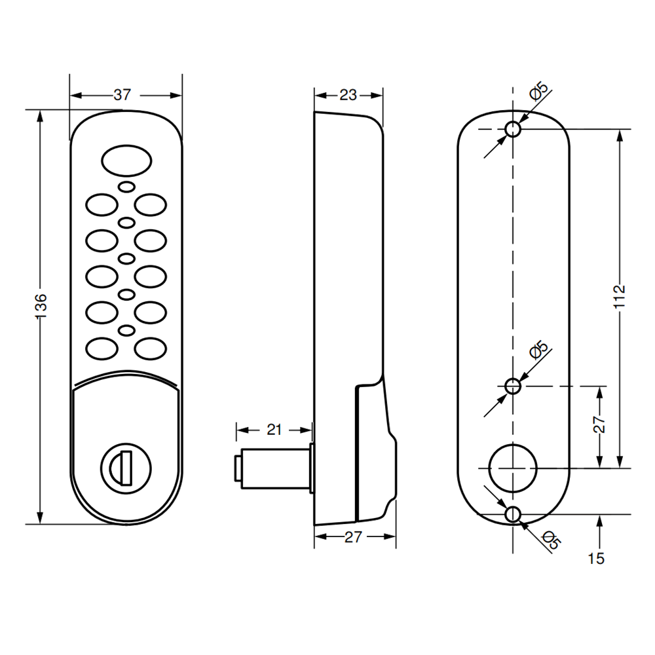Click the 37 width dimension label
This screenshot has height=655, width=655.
(122, 95)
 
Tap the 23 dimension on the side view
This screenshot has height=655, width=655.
(348, 95)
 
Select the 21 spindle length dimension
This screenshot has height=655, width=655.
(274, 430)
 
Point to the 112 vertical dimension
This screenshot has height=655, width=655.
(620, 297)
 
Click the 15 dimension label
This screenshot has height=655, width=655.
(597, 559)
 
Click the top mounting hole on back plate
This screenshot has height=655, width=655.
(514, 130)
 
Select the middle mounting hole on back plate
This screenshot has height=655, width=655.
(514, 386)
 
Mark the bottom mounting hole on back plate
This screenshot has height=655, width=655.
(514, 514)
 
